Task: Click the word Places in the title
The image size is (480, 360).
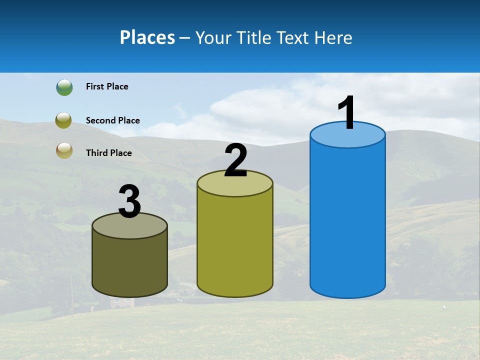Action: click(x=147, y=38)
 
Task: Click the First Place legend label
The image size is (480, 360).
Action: click(x=107, y=86)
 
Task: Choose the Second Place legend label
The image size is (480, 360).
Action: click(x=112, y=120)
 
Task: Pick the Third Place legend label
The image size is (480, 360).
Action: click(x=109, y=153)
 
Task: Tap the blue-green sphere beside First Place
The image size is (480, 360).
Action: click(x=64, y=87)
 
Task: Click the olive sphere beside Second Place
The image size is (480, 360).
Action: click(x=64, y=120)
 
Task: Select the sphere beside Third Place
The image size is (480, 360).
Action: click(x=64, y=150)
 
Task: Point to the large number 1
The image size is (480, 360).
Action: click(x=347, y=113)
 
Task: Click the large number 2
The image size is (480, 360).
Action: click(x=235, y=161)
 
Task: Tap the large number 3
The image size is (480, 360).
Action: click(x=130, y=202)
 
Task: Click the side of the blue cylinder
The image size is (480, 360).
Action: click(x=347, y=220)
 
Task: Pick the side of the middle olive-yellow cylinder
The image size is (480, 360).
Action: click(x=235, y=245)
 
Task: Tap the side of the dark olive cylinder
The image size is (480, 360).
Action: click(x=130, y=265)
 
